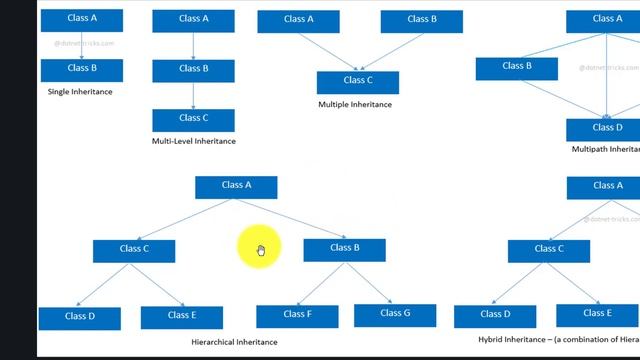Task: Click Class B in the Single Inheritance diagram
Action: pyautogui.click(x=81, y=69)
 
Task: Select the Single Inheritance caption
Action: pyautogui.click(x=80, y=92)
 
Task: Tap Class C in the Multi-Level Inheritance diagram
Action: pyautogui.click(x=193, y=119)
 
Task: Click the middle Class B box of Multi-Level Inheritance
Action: pyautogui.click(x=193, y=70)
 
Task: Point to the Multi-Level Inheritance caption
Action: pyautogui.click(x=194, y=141)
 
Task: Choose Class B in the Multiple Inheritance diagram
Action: pyautogui.click(x=422, y=20)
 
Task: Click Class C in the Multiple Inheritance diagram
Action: pyautogui.click(x=357, y=81)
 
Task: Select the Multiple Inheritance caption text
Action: pyautogui.click(x=355, y=104)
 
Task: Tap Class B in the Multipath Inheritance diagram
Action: pyautogui.click(x=516, y=67)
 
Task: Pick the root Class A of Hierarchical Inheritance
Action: pyautogui.click(x=236, y=186)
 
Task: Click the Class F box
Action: pyautogui.click(x=297, y=315)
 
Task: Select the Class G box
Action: pyautogui.click(x=395, y=314)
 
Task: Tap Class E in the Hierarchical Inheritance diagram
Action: pyautogui.click(x=181, y=316)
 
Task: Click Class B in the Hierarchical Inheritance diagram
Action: pyautogui.click(x=344, y=249)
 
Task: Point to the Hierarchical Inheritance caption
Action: pyautogui.click(x=220, y=342)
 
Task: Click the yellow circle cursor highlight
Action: pyautogui.click(x=259, y=248)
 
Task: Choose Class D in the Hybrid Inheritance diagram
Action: pyautogui.click(x=494, y=315)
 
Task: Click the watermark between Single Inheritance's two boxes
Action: pyautogui.click(x=83, y=44)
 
